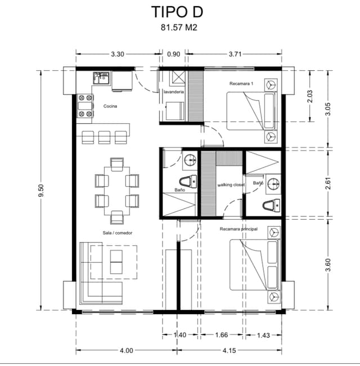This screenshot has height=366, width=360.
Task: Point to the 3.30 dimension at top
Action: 118,54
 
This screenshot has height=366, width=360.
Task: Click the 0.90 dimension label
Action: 174,54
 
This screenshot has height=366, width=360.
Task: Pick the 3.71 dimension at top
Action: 235,54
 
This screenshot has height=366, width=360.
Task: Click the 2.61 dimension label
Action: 328,183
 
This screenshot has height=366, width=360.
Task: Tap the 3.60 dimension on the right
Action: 328,263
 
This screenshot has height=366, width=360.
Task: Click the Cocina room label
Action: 110,106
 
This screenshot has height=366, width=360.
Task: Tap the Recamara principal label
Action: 238,229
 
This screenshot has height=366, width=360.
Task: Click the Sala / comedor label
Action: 117,232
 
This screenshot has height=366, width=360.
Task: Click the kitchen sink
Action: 102,78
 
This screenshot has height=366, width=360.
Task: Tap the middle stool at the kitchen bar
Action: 104,137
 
